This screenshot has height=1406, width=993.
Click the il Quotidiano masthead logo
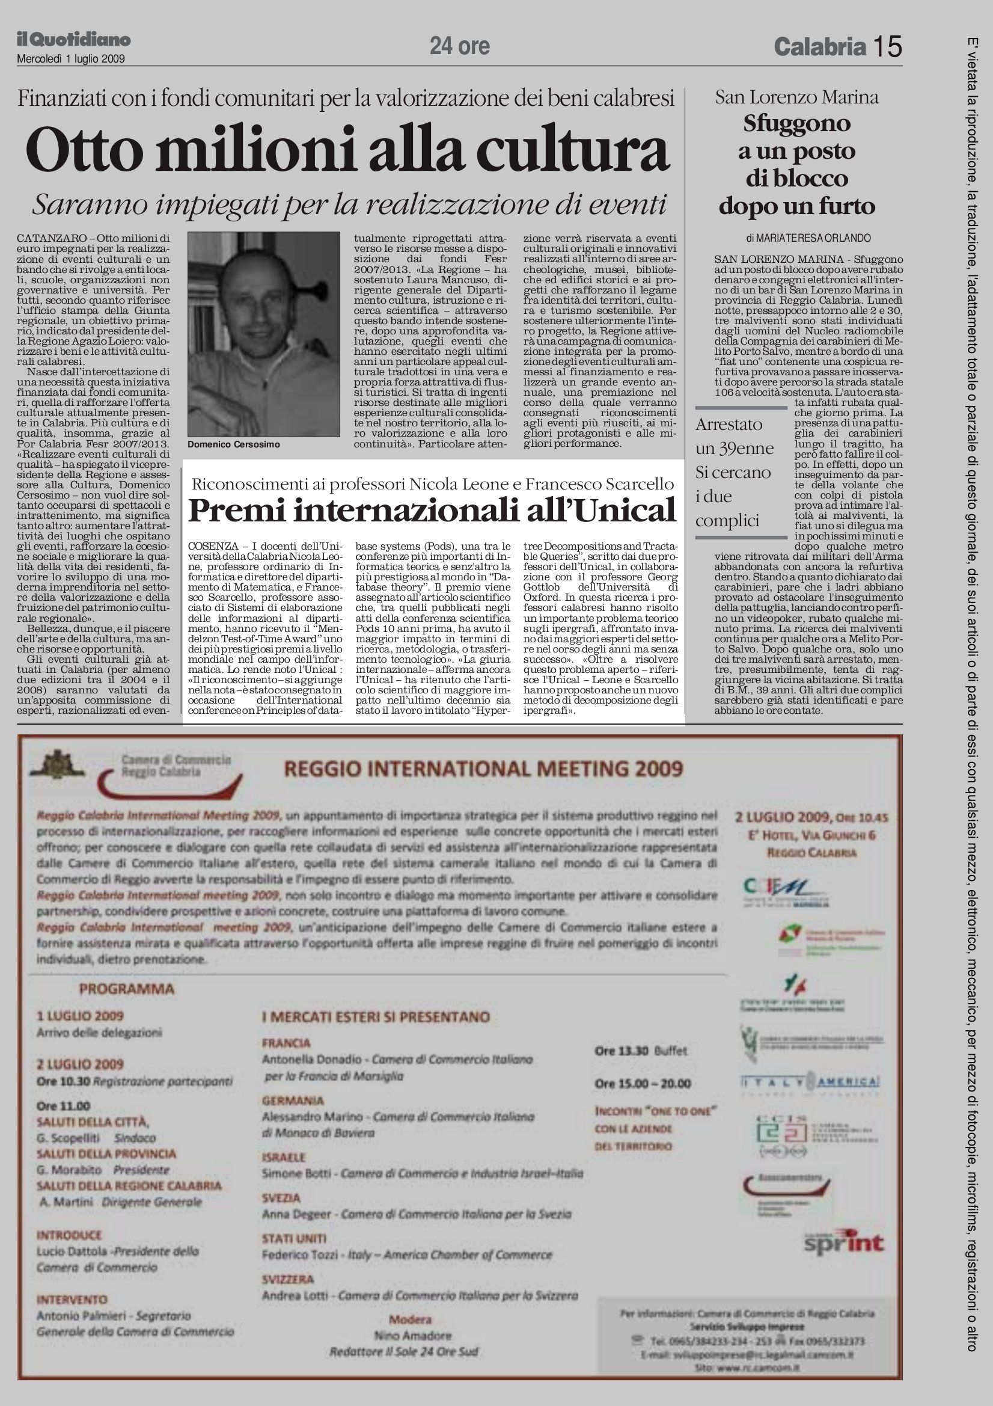(x=73, y=40)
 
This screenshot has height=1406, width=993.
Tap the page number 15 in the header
(x=887, y=46)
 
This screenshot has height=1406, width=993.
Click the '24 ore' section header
(x=459, y=46)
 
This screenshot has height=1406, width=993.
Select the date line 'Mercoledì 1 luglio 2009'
(x=71, y=60)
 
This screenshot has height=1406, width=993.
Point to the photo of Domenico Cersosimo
(x=263, y=334)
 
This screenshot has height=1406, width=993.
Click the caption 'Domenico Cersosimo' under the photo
(x=233, y=444)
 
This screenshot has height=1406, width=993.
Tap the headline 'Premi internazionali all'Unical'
(x=432, y=510)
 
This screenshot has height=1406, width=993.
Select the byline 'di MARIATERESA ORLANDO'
(x=808, y=238)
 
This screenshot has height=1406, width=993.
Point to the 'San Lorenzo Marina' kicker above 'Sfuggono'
(x=796, y=97)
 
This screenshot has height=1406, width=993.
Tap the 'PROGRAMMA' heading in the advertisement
(x=127, y=989)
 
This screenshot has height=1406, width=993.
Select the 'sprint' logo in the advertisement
(x=845, y=1243)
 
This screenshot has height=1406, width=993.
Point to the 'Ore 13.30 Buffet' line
(x=641, y=1051)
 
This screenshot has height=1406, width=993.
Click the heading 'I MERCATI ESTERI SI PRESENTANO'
(x=376, y=1017)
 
